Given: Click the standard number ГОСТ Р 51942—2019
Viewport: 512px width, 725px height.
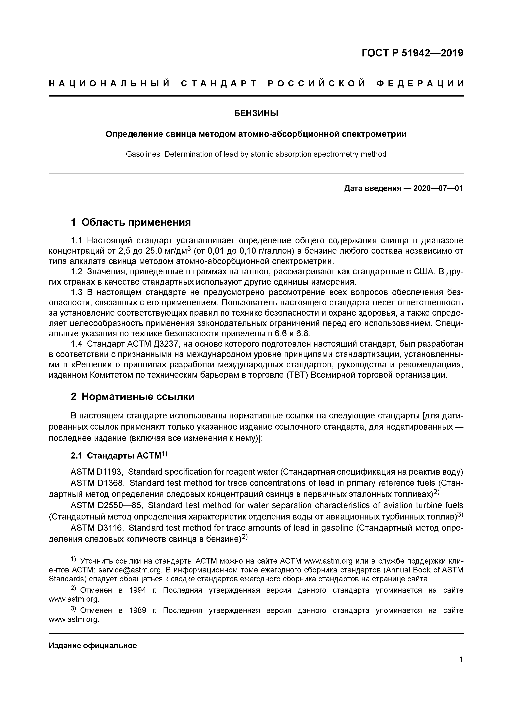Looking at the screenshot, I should coord(412,53).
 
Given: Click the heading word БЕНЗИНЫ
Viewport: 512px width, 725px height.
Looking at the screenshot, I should coord(256,113).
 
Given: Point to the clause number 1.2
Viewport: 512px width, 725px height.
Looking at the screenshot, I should coord(77,272).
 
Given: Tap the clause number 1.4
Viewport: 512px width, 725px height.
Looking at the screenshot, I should coord(77,344).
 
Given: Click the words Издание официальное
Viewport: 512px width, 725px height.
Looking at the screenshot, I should coord(93,645).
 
